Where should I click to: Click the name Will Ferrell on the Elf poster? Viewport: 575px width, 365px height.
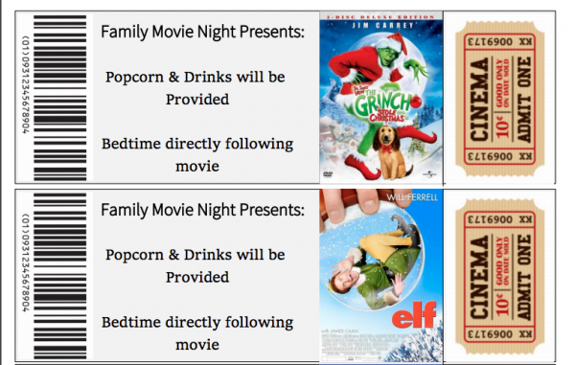414,197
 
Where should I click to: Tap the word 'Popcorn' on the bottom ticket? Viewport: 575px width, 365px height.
139,255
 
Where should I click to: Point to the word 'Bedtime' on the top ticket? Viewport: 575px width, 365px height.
134,145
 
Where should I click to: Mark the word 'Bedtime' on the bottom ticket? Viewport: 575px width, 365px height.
134,322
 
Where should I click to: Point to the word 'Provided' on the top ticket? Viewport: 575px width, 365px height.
196,100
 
